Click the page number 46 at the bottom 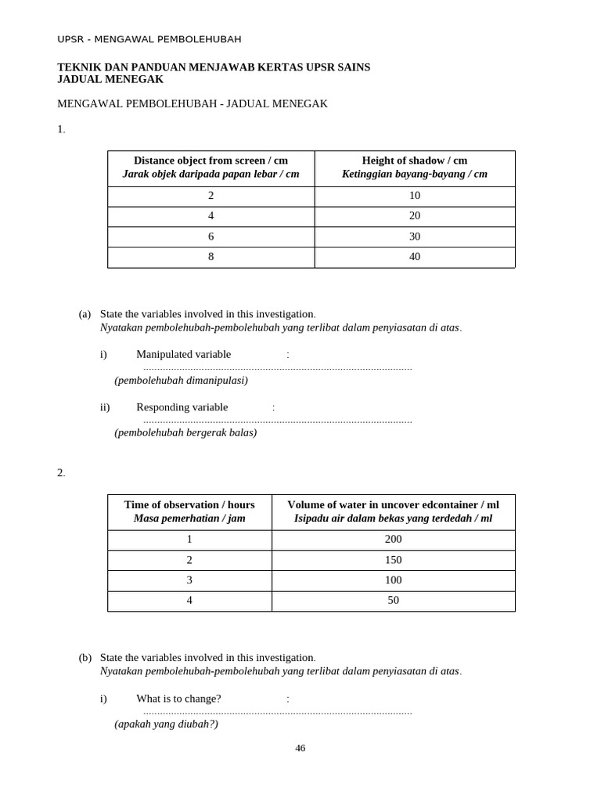click(300, 748)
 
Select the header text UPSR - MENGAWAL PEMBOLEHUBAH click(149, 39)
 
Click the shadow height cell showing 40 click(415, 257)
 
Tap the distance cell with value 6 click(211, 237)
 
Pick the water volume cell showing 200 click(393, 539)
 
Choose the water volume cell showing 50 click(393, 600)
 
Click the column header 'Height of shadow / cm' click(415, 161)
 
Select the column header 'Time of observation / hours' click(189, 505)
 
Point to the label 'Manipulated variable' click(184, 354)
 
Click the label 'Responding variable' click(182, 407)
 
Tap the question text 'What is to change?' click(178, 699)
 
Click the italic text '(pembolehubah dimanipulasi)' click(181, 381)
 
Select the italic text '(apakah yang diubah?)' click(166, 724)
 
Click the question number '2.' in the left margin click(61, 473)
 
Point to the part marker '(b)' click(85, 658)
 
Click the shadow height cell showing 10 click(415, 196)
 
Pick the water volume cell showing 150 click(393, 560)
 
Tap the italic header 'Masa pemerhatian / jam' click(189, 518)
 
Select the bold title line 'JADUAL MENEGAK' click(110, 79)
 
